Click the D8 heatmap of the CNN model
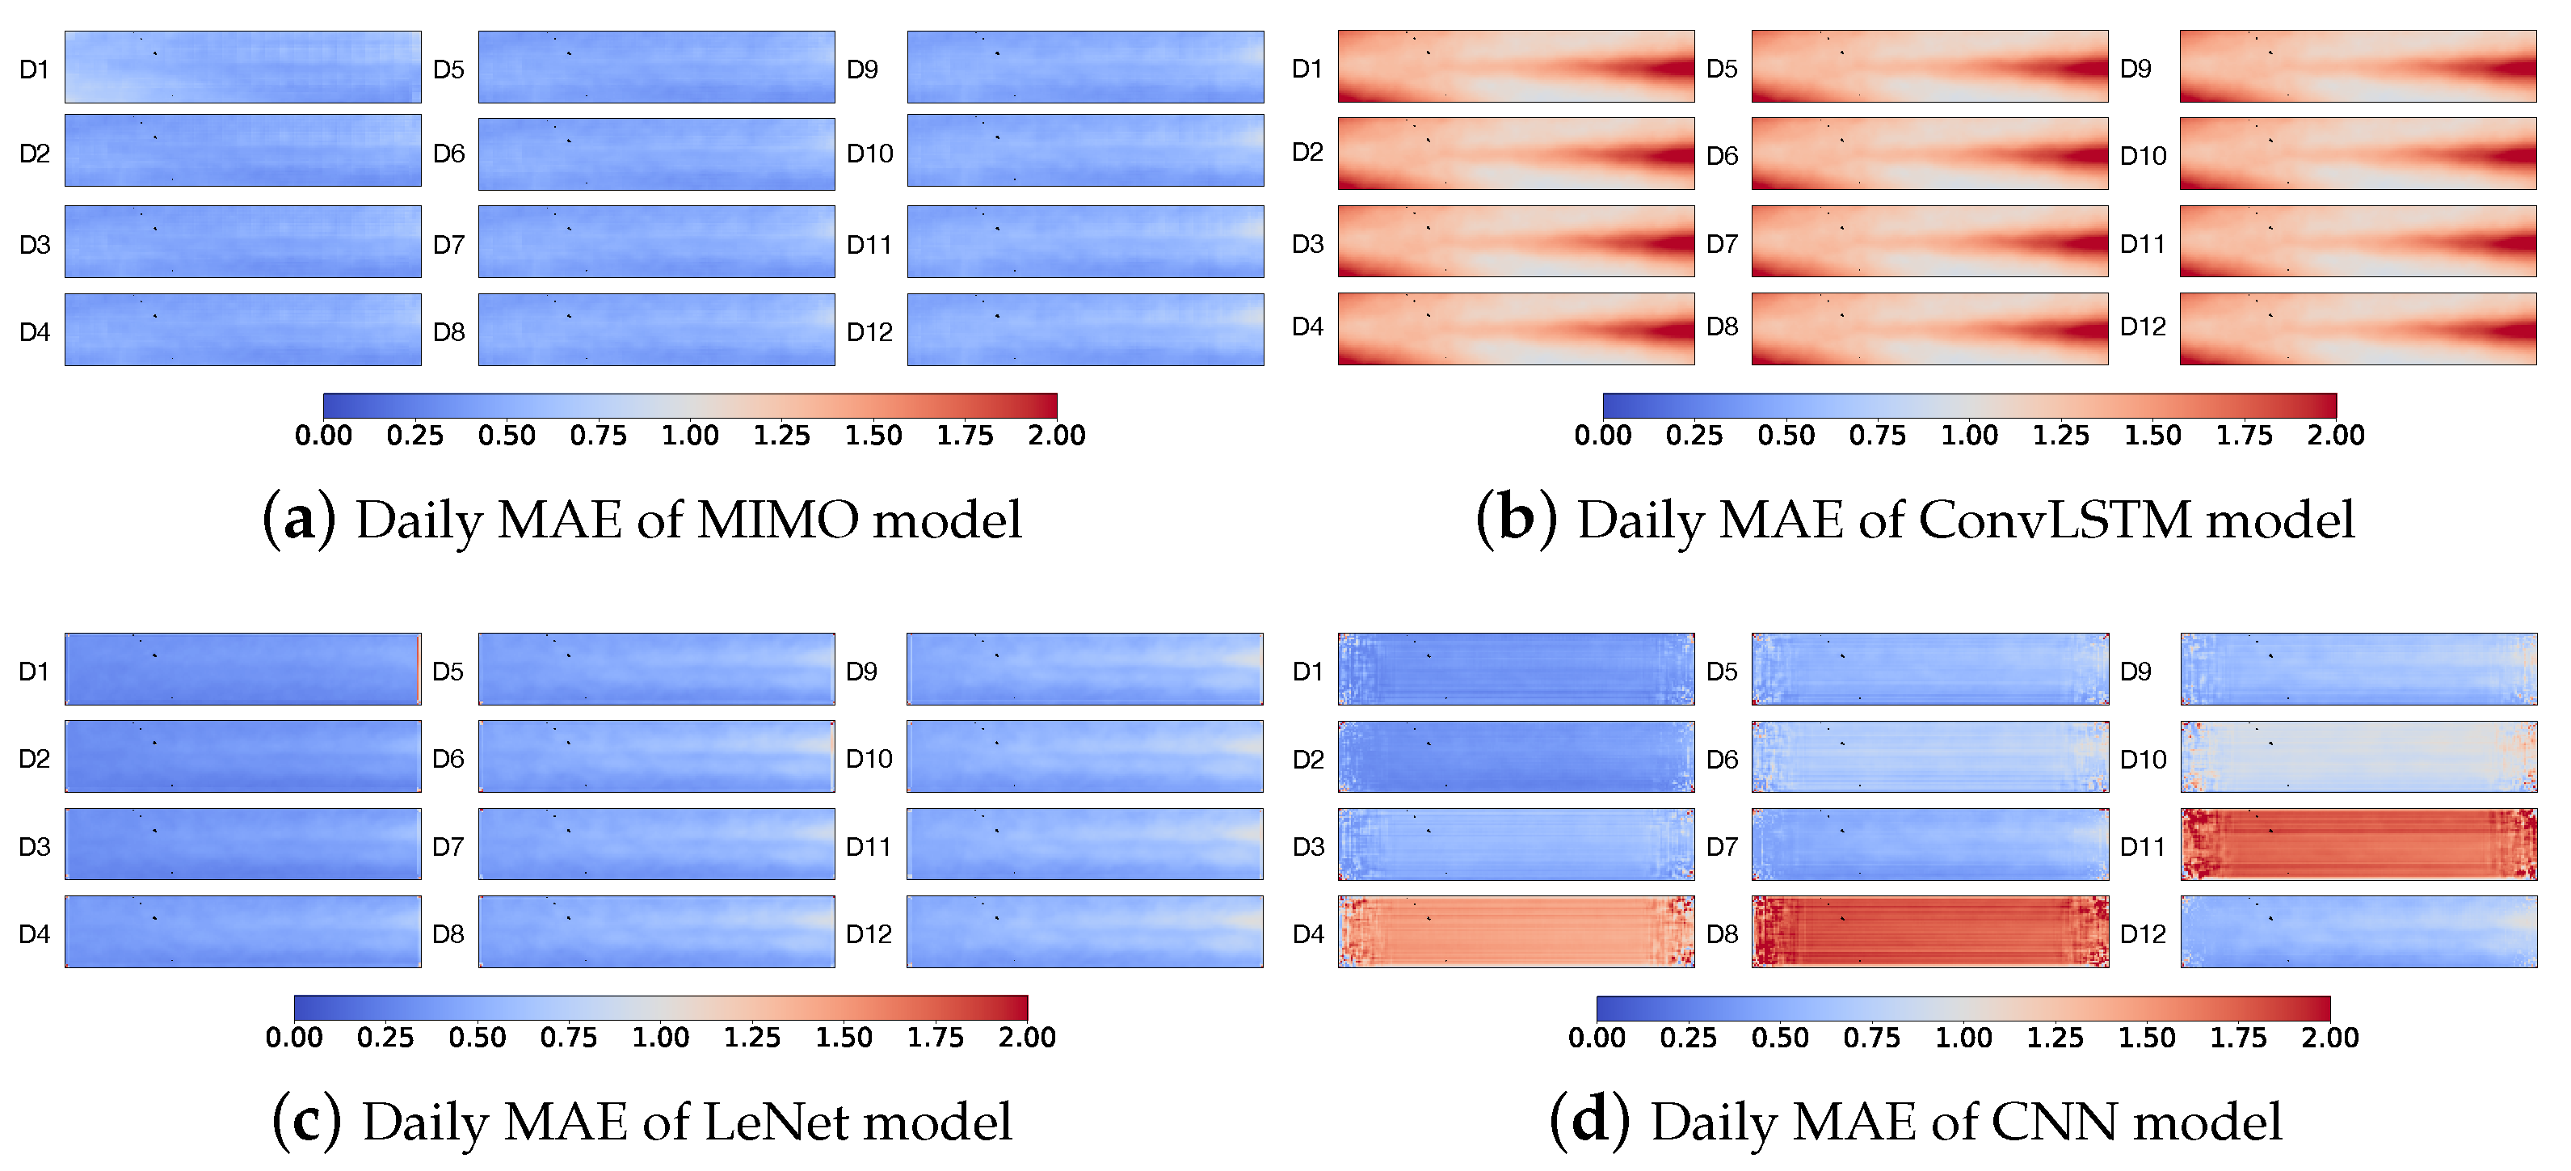click(1929, 932)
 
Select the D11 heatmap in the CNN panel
click(2359, 844)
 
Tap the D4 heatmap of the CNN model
click(1516, 932)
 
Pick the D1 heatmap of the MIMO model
click(242, 67)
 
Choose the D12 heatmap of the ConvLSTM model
click(2358, 328)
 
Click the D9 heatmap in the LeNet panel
click(1085, 669)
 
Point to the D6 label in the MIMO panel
click(449, 154)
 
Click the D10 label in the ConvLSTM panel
click(2143, 156)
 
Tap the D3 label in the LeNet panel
click(35, 847)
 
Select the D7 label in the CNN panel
click(1722, 847)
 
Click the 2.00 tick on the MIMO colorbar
click(1057, 436)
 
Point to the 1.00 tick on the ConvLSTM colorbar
click(1969, 436)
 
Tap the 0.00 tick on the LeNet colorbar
click(294, 1037)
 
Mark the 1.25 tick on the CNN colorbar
click(2055, 1037)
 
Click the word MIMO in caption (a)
click(777, 520)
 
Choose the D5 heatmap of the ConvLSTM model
click(1929, 66)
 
